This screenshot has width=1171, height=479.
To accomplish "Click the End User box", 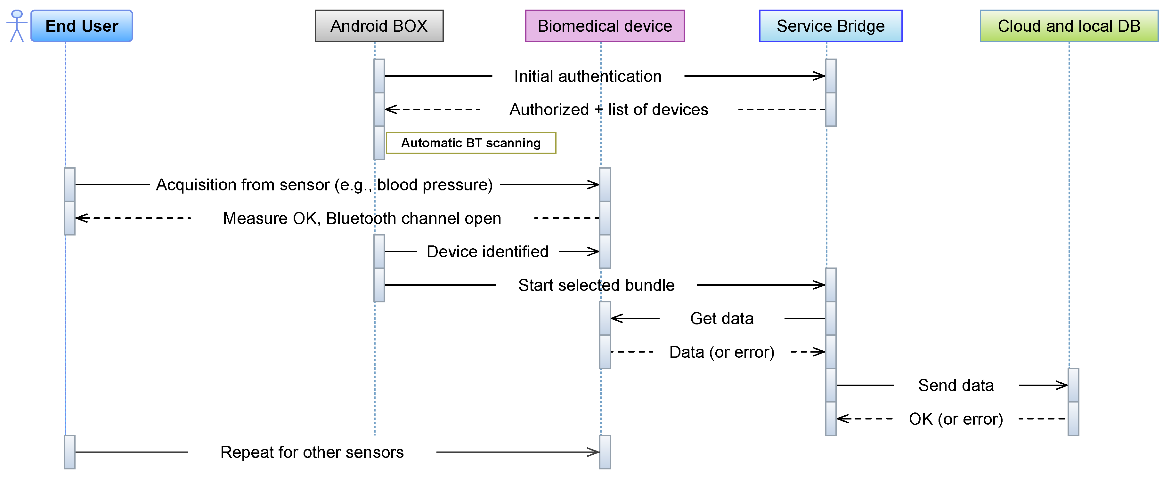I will (82, 26).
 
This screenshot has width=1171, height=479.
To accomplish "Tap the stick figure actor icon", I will (17, 26).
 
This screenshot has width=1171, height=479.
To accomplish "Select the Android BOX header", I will (379, 26).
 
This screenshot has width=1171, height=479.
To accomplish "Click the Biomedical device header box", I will (604, 26).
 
